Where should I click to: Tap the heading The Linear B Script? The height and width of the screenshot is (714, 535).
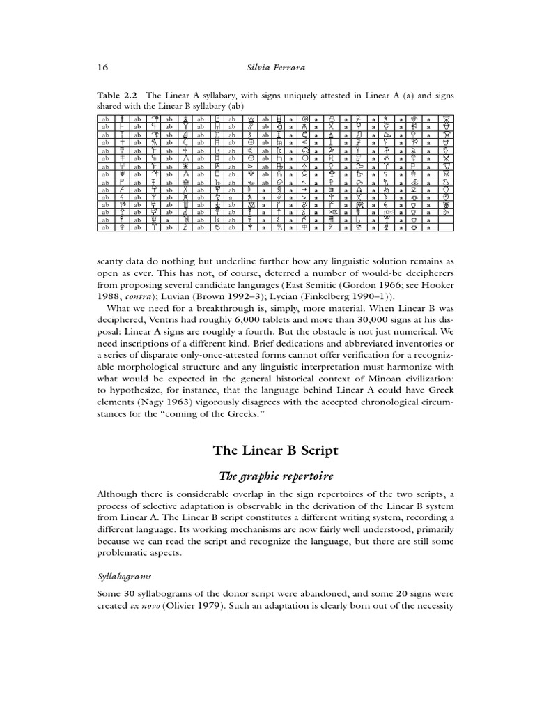click(275, 450)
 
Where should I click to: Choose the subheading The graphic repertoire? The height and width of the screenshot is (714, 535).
click(275, 476)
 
